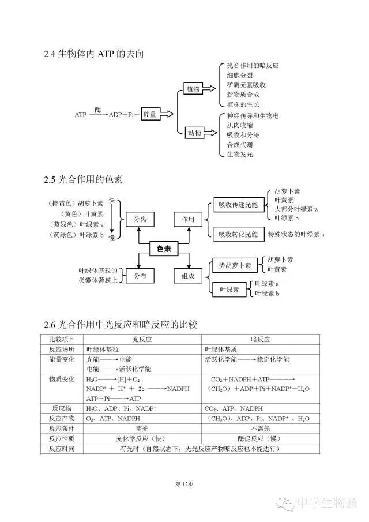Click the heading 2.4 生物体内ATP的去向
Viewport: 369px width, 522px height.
point(93,54)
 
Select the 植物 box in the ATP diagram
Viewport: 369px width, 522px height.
point(193,88)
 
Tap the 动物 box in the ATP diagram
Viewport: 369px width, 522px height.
point(194,133)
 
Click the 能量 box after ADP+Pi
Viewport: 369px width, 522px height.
point(150,114)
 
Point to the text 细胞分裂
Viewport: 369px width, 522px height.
point(239,76)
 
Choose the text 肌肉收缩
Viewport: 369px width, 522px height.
point(239,125)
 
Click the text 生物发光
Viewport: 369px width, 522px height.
point(239,154)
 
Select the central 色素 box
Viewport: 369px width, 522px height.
point(164,249)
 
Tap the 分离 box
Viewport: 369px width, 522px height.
point(140,219)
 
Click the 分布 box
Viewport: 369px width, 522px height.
point(140,276)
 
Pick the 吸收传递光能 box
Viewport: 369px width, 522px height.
point(238,205)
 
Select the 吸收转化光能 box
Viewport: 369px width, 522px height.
point(238,234)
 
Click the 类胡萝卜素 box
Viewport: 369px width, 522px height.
point(234,265)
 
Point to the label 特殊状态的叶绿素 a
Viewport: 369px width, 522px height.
point(296,234)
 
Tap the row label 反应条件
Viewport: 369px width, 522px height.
point(62,428)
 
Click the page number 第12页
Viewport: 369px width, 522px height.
point(184,483)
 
